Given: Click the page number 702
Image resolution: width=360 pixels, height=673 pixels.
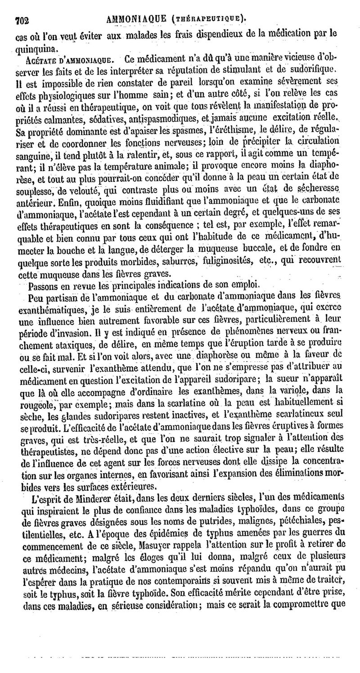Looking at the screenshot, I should point(22,19).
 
